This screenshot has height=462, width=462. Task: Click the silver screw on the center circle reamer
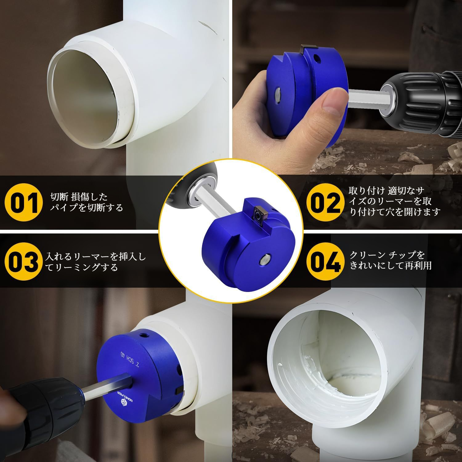265,260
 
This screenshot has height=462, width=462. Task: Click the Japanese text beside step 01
87,202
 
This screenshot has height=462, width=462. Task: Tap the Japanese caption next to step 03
95,261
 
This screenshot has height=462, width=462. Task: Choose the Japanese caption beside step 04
390,260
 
